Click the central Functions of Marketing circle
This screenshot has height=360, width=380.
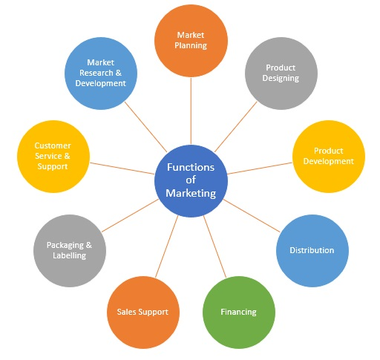[x=190, y=180]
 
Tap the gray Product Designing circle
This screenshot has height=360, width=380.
[x=281, y=73]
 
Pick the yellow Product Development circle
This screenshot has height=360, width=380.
[x=329, y=156]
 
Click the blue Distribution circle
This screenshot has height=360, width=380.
[x=312, y=250]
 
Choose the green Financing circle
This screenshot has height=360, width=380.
[x=238, y=311]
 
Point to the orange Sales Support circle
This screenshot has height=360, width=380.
[x=142, y=311]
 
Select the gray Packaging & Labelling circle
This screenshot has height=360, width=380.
[x=69, y=250]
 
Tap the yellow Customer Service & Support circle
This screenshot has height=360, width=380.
[x=51, y=156]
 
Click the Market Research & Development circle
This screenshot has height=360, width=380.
[x=100, y=73]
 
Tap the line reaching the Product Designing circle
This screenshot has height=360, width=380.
[x=237, y=126]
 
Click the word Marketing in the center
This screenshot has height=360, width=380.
[x=191, y=194]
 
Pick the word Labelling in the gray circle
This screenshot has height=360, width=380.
[x=69, y=255]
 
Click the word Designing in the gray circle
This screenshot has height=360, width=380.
[x=281, y=78]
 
